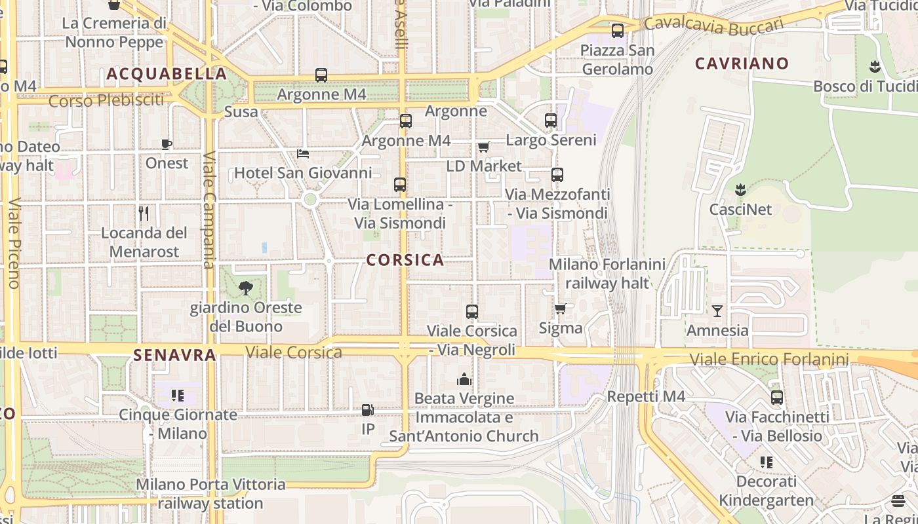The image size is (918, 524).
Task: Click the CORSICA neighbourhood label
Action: [x=405, y=260]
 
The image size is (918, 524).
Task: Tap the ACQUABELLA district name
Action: [x=167, y=74]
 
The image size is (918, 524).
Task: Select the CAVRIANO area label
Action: [x=742, y=64]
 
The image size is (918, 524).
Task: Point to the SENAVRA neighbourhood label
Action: [x=174, y=355]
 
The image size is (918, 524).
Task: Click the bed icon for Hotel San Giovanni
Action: [x=303, y=154]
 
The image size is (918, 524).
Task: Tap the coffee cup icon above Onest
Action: [x=167, y=144]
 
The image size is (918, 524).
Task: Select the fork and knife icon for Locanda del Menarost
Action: [x=144, y=214]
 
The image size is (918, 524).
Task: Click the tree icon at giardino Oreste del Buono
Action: [x=246, y=288]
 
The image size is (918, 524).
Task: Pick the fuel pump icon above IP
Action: [x=368, y=410]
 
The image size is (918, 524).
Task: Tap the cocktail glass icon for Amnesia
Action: [x=717, y=310]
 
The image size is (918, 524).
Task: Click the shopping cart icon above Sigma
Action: [x=561, y=309]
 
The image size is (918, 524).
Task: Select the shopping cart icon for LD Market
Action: [x=484, y=147]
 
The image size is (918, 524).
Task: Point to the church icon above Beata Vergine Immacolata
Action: [x=464, y=379]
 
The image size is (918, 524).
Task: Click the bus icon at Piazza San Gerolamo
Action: [x=617, y=30]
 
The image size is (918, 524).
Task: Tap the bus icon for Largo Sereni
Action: [x=551, y=121]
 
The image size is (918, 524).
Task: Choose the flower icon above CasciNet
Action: [x=740, y=190]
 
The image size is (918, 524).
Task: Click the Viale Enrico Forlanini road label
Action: [x=769, y=359]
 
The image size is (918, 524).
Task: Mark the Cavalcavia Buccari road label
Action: [x=713, y=25]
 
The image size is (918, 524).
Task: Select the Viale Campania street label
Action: [x=209, y=210]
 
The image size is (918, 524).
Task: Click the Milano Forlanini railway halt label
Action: [x=607, y=274]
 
